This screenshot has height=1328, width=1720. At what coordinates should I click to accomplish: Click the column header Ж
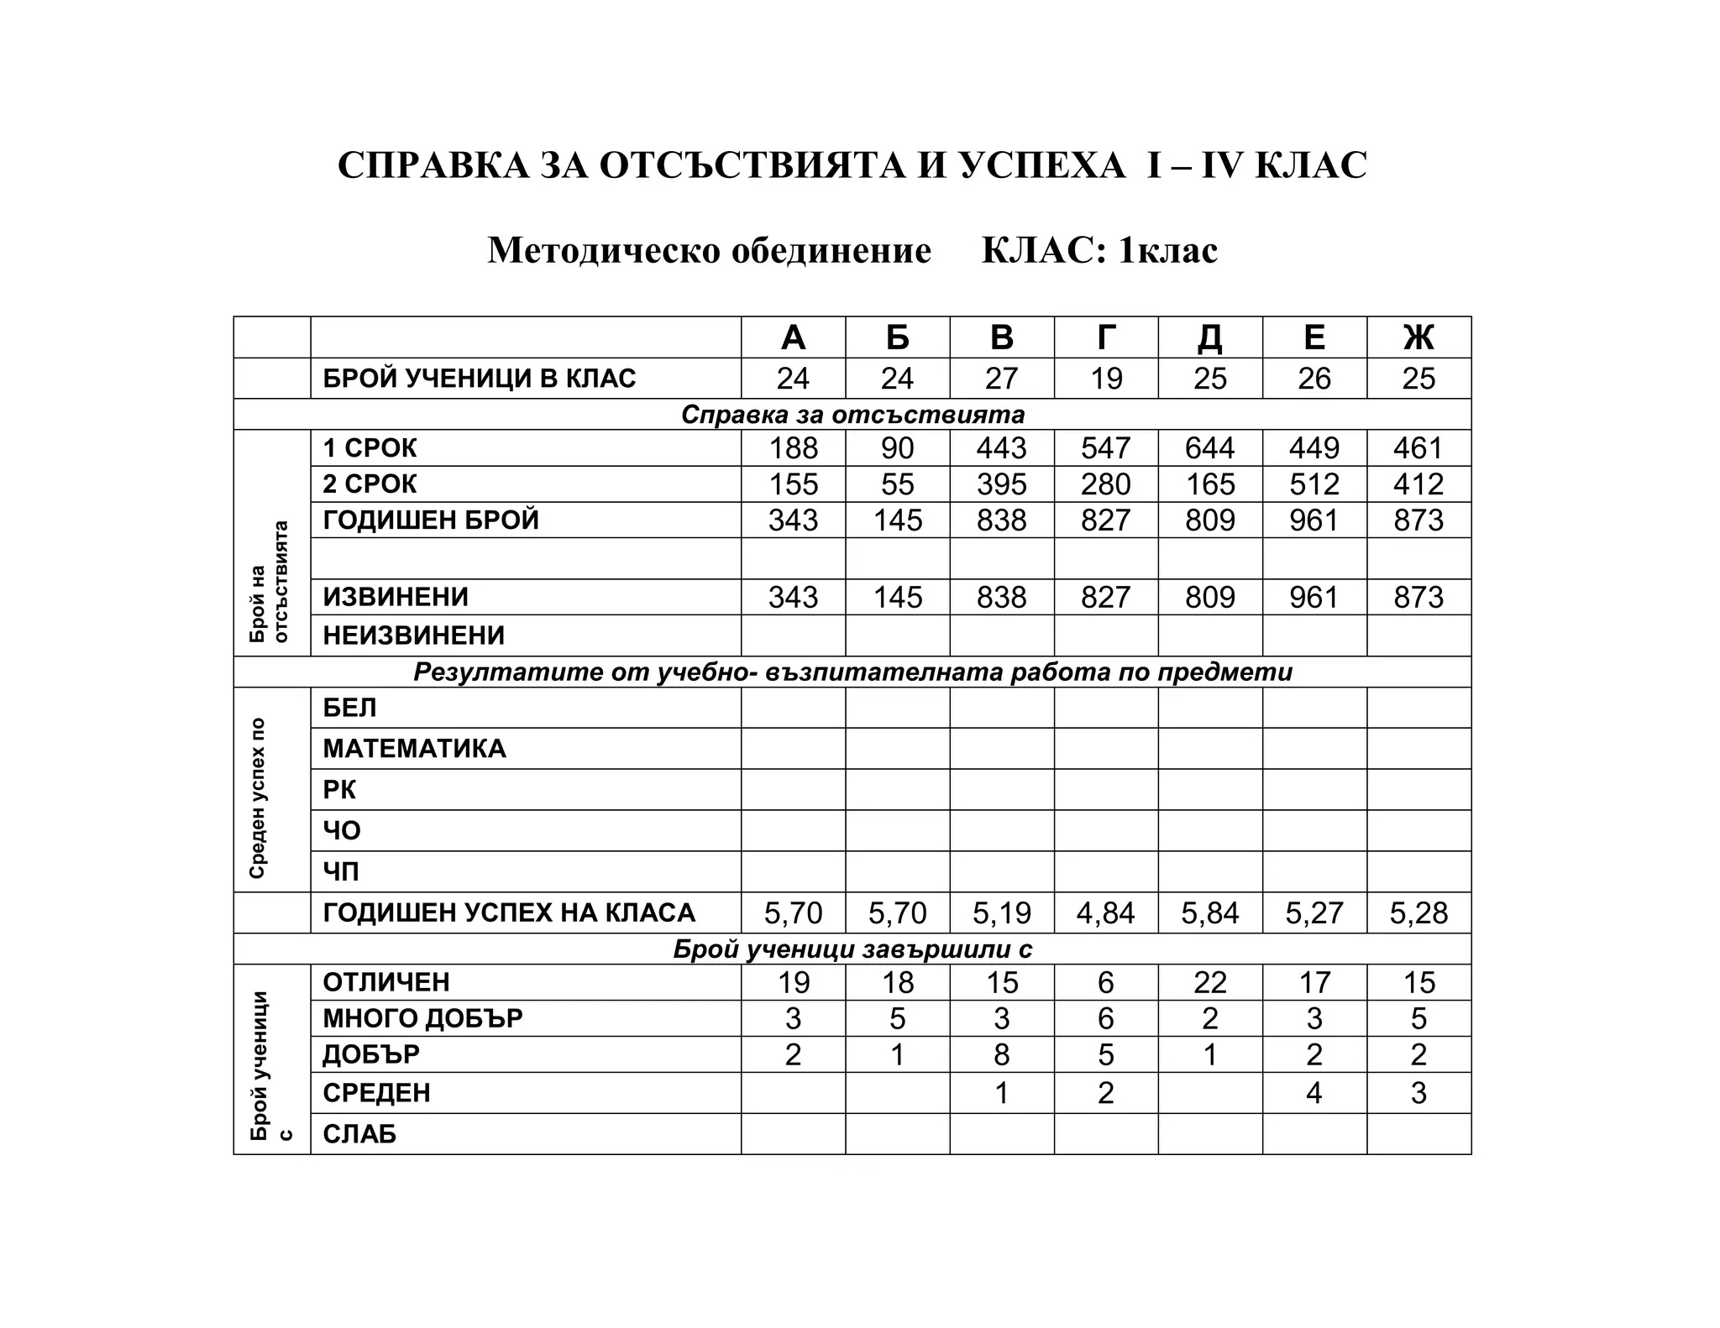pos(1418,337)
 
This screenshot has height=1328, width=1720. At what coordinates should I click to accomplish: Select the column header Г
pos(1106,337)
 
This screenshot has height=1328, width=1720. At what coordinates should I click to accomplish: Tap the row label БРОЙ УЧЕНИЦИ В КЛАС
pos(480,379)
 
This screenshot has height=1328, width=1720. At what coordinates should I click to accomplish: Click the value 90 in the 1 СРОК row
pos(897,448)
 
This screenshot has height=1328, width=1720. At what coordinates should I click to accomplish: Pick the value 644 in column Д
pos(1209,448)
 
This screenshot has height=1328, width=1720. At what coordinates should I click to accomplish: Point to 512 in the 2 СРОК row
pos(1314,484)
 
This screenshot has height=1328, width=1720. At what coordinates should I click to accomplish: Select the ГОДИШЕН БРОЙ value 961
pos(1314,520)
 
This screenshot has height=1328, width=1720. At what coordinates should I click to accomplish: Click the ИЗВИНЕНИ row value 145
pos(897,598)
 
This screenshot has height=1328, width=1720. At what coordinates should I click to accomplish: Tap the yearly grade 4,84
pos(1106,913)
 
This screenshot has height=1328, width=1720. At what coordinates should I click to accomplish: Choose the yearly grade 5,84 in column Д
pos(1209,913)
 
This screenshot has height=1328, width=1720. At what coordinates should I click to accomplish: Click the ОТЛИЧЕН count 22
pos(1209,982)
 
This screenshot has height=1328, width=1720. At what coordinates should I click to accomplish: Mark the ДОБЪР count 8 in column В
pos(1002,1054)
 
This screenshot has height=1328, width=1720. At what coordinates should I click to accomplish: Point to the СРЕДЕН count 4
pos(1314,1093)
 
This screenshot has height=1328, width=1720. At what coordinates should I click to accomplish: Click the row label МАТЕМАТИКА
pos(415,749)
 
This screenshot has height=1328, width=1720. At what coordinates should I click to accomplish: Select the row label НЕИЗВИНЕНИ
pos(414,635)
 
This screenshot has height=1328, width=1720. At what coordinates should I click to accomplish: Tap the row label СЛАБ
pos(359,1134)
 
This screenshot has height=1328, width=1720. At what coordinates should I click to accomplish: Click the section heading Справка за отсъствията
pos(852,415)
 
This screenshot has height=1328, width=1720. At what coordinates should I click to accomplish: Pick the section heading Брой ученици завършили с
pos(852,949)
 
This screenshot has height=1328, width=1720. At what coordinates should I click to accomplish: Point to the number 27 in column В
pos(1002,379)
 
